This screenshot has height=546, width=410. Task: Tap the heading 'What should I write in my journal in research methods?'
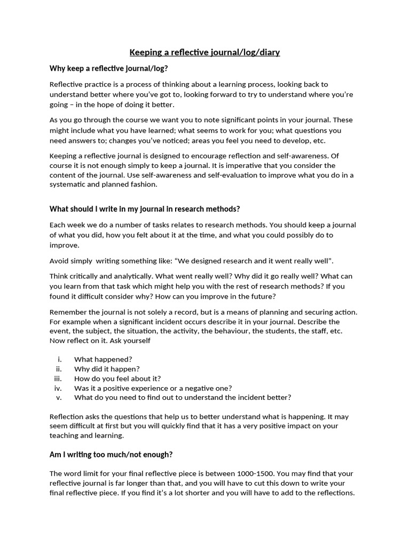click(x=145, y=208)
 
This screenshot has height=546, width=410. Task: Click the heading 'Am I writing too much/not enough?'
click(x=111, y=454)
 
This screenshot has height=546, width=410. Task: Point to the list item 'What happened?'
click(x=103, y=359)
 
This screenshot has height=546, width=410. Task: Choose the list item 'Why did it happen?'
click(x=107, y=369)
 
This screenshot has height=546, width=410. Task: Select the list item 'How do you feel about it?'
click(x=117, y=379)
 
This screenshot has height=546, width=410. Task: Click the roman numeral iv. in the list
click(x=59, y=388)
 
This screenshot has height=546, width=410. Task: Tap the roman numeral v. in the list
click(x=59, y=397)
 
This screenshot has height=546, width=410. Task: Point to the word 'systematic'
click(x=68, y=184)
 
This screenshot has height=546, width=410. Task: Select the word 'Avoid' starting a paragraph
click(x=60, y=261)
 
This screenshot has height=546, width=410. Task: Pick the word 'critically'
click(x=87, y=276)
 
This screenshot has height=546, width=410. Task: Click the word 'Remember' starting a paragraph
click(x=67, y=312)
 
